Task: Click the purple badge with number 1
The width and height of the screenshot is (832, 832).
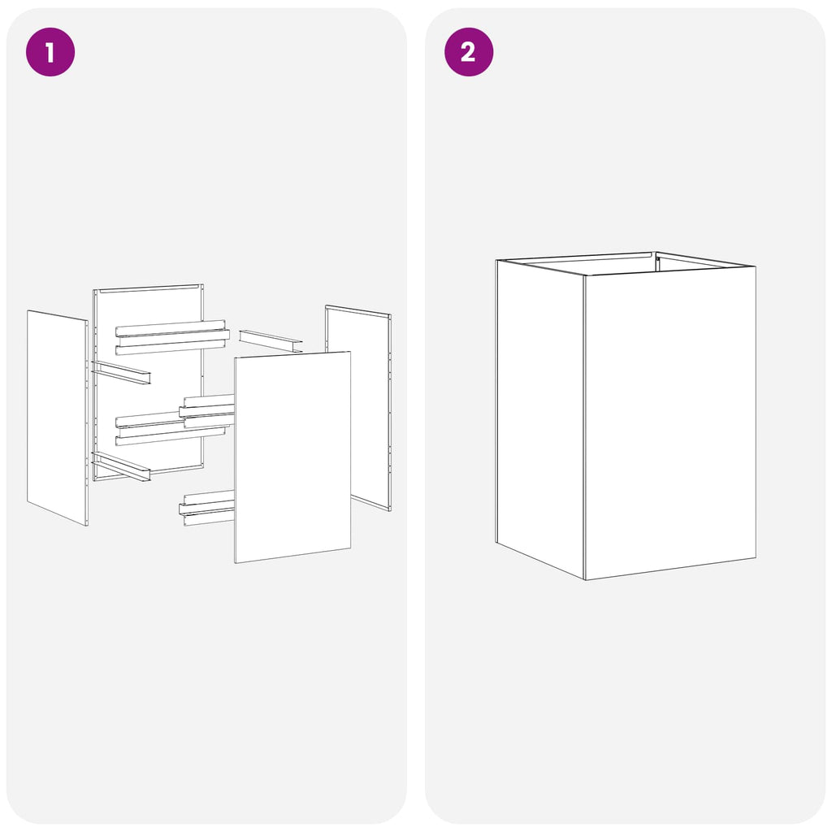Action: coord(50,52)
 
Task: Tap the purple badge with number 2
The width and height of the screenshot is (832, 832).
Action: coord(469,52)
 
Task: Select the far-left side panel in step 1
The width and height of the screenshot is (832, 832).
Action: coord(58,418)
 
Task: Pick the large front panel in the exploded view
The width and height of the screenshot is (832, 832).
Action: coord(292,457)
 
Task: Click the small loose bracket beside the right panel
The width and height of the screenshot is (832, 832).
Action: coord(271,340)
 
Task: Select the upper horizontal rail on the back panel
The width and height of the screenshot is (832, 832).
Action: coord(172,337)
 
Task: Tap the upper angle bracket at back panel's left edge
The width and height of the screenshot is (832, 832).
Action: coord(121,372)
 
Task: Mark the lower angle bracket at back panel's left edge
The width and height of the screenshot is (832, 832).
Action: coord(121,466)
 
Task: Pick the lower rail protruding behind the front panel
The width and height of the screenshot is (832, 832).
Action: coord(207,509)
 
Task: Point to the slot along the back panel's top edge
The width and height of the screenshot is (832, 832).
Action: coord(149,288)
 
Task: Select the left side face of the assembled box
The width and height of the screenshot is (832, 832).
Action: coord(540,419)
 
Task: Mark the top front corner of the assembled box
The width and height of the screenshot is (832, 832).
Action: coord(584,275)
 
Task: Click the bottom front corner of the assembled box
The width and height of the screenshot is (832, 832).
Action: coord(585,580)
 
